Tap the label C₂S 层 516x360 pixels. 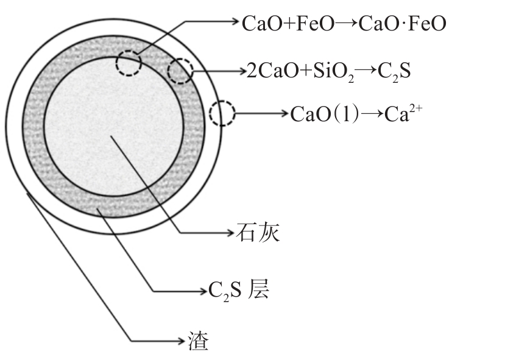click(x=238, y=291)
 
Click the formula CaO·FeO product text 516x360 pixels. click(x=403, y=24)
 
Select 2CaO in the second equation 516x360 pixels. click(x=269, y=71)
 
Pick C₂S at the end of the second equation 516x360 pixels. click(x=395, y=72)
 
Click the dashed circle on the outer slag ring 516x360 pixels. click(x=222, y=113)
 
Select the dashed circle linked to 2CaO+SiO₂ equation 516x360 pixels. click(x=180, y=71)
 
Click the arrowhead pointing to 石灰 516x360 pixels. click(x=230, y=232)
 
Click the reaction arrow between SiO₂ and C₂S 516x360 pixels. click(x=366, y=71)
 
